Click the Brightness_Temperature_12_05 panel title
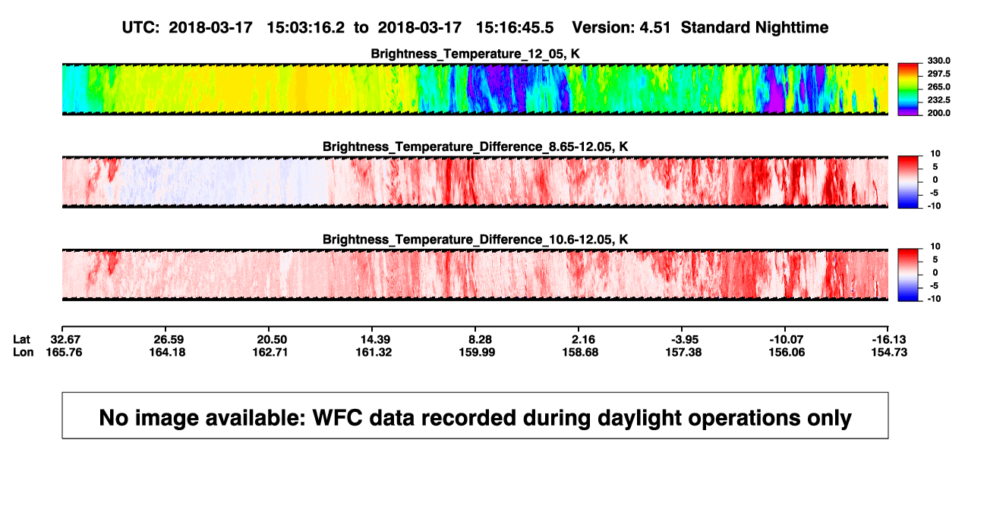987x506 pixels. coord(475,54)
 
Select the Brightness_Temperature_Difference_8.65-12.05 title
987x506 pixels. coord(475,146)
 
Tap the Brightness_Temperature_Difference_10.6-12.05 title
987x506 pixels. coord(475,240)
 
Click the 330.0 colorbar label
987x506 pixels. coord(938,61)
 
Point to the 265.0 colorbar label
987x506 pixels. coord(938,86)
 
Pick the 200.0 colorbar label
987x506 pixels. coord(938,113)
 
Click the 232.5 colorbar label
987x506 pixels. coord(938,100)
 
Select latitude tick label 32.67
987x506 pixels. coord(65,340)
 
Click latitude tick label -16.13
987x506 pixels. coord(889,340)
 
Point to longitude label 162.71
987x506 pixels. coord(270,352)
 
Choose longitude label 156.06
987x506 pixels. coord(787,352)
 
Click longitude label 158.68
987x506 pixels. coord(580,352)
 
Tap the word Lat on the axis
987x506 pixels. coord(21,340)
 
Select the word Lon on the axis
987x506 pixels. coord(24,352)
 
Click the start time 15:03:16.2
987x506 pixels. coord(305,28)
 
